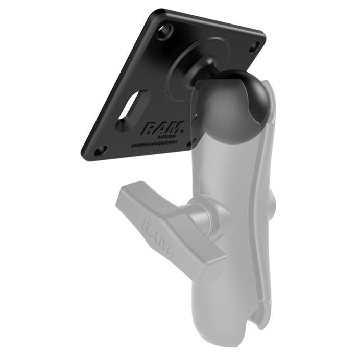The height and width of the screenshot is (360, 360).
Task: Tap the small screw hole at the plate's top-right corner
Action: pyautogui.click(x=254, y=46)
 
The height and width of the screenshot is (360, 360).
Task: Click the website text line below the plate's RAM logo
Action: pyautogui.click(x=153, y=143)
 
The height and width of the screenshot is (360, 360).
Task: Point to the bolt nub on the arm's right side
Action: pyautogui.click(x=272, y=202)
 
